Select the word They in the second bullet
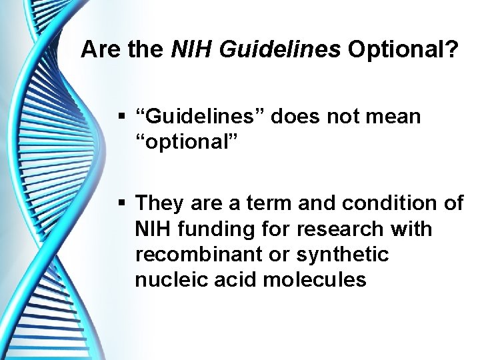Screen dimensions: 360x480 159,202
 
